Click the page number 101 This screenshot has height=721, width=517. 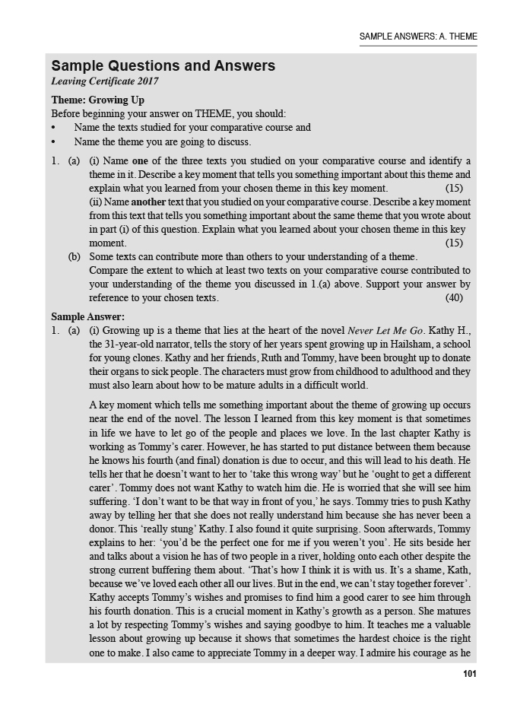[x=469, y=673]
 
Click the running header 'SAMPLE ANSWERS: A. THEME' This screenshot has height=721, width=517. [x=418, y=37]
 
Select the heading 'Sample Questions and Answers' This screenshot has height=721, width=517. [x=163, y=66]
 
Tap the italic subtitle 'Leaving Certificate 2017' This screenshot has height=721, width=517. [x=105, y=81]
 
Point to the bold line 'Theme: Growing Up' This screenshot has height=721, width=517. [x=97, y=100]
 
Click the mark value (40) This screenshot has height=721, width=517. [x=454, y=297]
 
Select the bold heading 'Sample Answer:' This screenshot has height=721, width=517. [x=87, y=316]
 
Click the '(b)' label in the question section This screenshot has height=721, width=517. [x=75, y=257]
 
